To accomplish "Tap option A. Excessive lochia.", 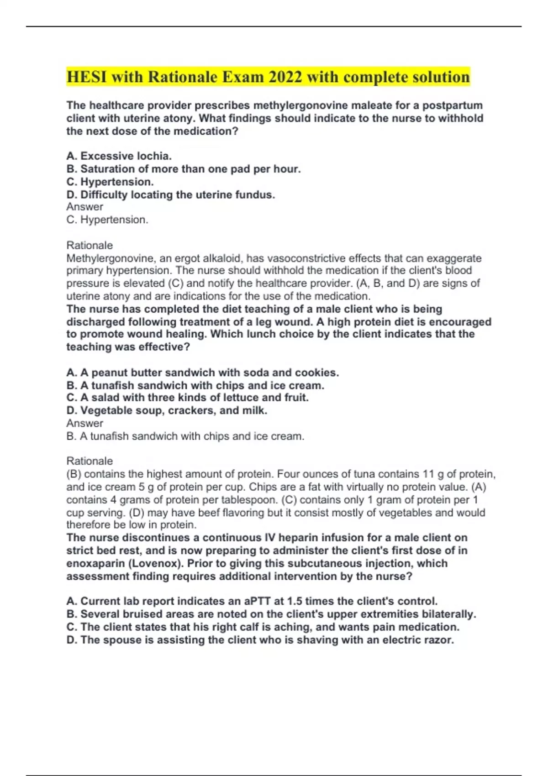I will coord(119,156).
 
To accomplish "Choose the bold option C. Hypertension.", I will coord(110,182).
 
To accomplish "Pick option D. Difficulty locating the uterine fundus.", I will coord(171,195).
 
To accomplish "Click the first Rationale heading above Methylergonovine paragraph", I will coord(90,245).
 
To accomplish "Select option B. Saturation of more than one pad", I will coord(184,169).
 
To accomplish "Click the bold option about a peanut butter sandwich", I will coord(203,372).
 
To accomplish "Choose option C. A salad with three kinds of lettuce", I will coord(187,398).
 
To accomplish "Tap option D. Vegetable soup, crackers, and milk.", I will coord(167,410).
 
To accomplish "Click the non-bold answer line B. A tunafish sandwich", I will coord(185,436).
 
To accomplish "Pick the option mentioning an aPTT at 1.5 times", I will coord(252,601).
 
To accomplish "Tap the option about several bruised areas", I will coord(271,614).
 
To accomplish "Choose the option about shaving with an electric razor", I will coord(260,640).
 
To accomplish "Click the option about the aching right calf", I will coord(263,627).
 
